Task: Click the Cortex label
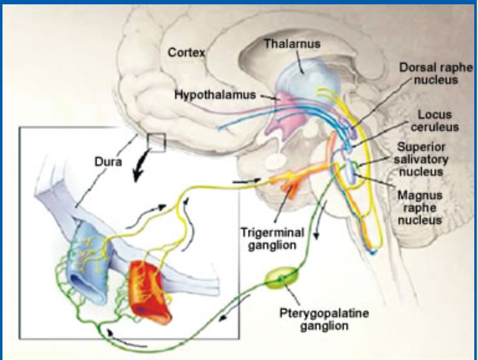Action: (x=186, y=53)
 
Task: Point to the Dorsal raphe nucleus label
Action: (x=427, y=73)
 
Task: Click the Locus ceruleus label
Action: (x=434, y=121)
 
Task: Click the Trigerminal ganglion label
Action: (x=273, y=240)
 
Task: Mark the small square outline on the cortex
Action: (x=156, y=143)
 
